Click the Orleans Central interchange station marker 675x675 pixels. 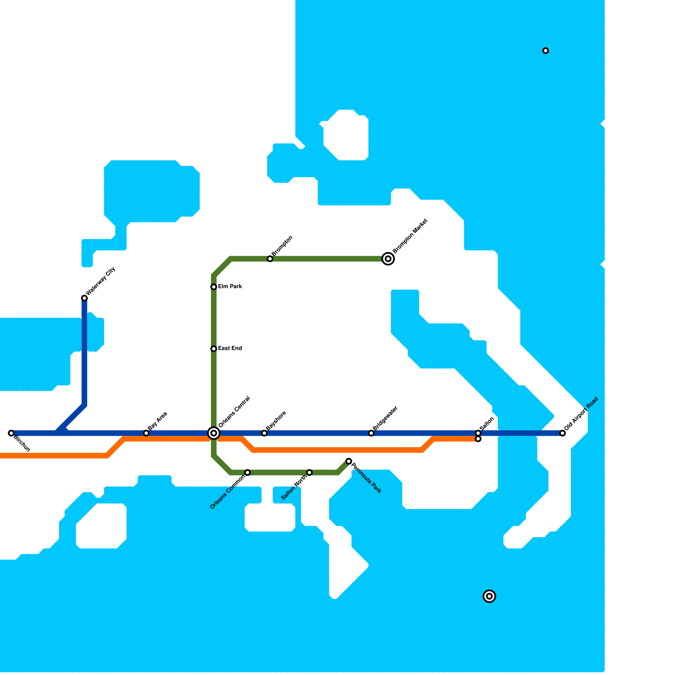214,433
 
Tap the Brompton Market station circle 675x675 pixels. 388,259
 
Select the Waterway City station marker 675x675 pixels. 84,298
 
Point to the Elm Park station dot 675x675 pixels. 214,287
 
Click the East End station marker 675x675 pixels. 214,349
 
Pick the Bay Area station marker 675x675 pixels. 146,433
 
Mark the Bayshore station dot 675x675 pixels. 264,433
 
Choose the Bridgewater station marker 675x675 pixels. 371,433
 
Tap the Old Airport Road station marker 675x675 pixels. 562,433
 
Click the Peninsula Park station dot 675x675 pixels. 349,461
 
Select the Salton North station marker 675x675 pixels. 309,472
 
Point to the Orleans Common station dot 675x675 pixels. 248,472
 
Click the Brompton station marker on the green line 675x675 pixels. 270,259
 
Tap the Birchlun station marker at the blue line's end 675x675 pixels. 11,433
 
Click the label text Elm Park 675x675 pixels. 230,287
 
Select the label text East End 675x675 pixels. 230,348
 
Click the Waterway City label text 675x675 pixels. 100,281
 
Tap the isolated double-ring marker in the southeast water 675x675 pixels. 489,596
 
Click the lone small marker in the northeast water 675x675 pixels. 545,51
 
